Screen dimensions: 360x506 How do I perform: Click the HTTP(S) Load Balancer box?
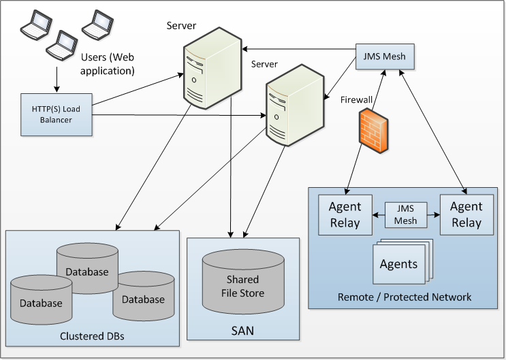(x=57, y=110)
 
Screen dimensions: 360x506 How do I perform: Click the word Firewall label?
(x=356, y=100)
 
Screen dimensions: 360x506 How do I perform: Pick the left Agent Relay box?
(x=345, y=214)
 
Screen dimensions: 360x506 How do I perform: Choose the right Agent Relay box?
(x=465, y=214)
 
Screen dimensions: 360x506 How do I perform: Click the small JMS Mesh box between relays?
(x=406, y=214)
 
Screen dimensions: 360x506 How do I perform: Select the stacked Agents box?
(x=398, y=263)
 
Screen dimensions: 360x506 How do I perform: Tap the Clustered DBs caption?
(x=91, y=336)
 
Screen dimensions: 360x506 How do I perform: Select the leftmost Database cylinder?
(x=40, y=301)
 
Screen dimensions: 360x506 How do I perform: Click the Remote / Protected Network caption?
(x=405, y=298)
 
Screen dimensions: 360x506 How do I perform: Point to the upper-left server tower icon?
(x=204, y=67)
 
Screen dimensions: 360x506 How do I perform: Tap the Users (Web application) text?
(x=107, y=63)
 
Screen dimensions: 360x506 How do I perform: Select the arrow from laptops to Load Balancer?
(x=56, y=80)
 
